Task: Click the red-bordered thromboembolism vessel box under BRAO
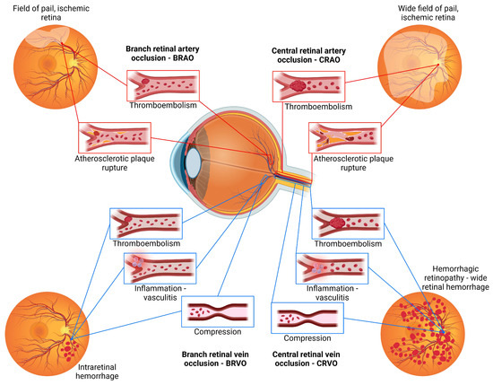click(x=164, y=86)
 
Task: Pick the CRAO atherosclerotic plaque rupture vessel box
click(x=344, y=137)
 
